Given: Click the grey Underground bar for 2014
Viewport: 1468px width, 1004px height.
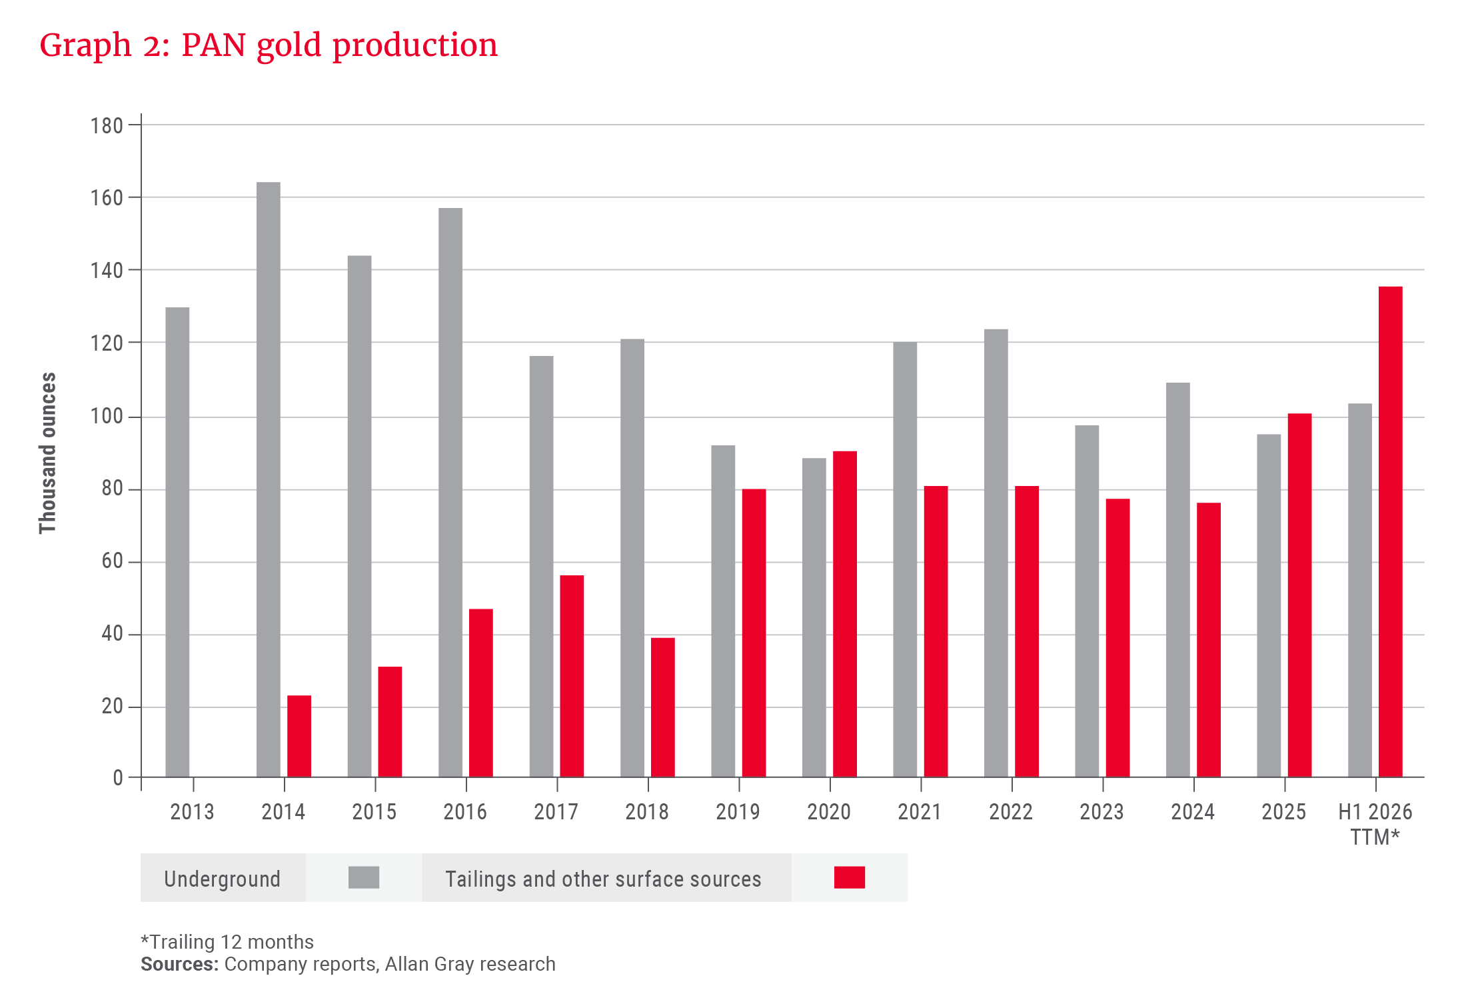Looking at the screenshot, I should (269, 480).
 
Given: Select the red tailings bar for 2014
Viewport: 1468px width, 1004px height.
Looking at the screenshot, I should (299, 737).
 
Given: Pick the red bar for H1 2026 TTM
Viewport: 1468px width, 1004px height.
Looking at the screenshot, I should (1391, 531).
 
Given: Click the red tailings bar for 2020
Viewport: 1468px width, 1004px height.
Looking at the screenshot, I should (845, 613).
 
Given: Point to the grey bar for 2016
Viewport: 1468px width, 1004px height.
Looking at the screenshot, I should (450, 493).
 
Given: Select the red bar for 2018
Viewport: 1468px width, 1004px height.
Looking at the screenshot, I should (663, 707).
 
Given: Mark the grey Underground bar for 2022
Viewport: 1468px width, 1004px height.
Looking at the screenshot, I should (996, 553).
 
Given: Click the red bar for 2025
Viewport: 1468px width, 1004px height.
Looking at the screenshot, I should (1299, 595).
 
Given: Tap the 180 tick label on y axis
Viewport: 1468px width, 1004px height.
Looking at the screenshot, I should (107, 126).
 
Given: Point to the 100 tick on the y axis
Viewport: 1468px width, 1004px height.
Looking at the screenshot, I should (107, 417).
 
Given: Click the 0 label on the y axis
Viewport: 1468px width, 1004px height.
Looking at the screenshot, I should (118, 778).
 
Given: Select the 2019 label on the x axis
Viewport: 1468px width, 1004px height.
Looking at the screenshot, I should (738, 812).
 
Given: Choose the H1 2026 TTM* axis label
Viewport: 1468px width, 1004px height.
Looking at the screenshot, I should (1375, 824).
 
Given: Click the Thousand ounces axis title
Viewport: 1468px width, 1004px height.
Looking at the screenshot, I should (48, 453).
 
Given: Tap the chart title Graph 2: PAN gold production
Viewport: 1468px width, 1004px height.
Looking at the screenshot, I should (269, 45).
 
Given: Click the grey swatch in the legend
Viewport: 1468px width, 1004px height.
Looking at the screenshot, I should (364, 878).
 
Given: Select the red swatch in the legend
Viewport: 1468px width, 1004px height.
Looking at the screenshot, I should (850, 878).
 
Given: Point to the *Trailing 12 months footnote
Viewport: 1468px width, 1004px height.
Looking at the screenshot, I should (227, 942).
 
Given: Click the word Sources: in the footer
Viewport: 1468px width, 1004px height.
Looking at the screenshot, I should (179, 965).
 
